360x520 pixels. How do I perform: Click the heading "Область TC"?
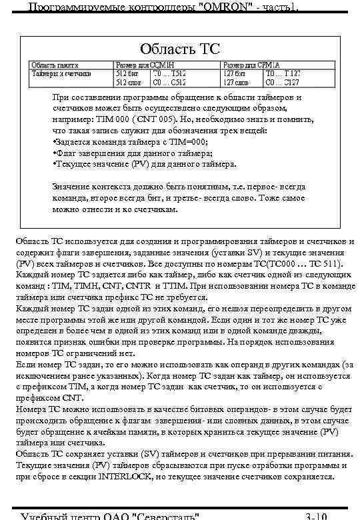179,49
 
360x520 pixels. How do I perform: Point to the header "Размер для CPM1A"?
245,65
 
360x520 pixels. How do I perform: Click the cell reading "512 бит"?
127,73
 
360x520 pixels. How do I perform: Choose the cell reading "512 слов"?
129,83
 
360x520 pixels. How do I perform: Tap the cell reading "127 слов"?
236,83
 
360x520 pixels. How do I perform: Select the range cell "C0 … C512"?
169,83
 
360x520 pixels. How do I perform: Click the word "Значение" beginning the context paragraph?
74,186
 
